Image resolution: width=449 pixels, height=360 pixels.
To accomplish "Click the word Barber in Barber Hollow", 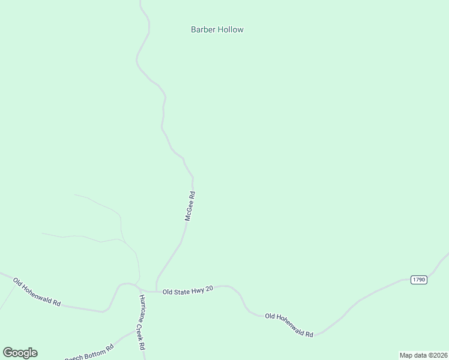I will coord(203,29).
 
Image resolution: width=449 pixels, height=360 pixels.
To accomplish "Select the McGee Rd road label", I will coord(190,206).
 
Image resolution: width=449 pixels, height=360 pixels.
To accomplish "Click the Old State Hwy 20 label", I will coord(187,291).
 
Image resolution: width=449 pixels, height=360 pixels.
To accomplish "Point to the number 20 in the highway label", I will coord(208,291).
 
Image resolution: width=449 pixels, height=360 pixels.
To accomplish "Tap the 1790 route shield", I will coord(419,280).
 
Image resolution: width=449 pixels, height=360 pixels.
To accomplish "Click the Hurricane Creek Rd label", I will coord(142,323).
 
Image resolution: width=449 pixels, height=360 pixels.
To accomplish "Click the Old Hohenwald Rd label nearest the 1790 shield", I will coord(289,325).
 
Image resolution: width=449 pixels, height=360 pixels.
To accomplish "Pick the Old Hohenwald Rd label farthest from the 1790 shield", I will coord(37,293).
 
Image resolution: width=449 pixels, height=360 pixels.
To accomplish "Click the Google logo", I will coord(20,353).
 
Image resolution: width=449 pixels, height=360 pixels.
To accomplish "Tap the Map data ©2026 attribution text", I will coord(423,355).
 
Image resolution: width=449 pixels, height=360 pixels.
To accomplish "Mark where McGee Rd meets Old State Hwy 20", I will coord(157,290).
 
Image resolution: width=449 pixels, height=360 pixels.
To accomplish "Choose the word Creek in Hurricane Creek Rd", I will coord(142,332).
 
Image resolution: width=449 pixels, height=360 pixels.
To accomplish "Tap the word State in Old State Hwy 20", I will coord(182,291).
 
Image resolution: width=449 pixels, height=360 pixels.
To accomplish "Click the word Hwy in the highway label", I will coord(197,291).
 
